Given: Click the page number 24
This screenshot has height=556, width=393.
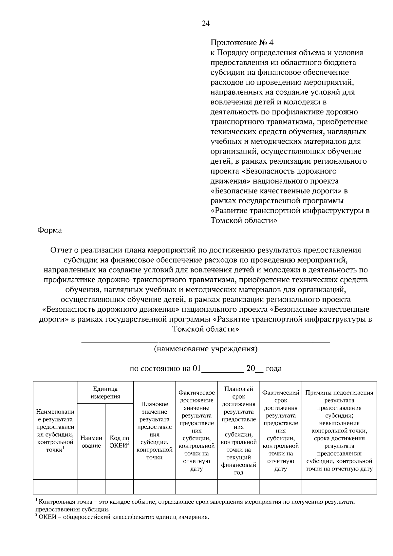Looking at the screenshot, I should (206, 23).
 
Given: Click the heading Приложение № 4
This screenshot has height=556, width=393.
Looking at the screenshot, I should (241, 43).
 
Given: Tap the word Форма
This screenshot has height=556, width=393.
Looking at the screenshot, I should (50, 230).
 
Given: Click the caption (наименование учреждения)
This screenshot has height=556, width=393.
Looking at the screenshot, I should (206, 349).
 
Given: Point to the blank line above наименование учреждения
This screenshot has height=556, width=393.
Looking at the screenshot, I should (206, 342).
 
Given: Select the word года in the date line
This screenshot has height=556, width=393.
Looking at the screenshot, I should (273, 369).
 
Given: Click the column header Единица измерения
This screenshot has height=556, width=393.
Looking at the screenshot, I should (105, 393).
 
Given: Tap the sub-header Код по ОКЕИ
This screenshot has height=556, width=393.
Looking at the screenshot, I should (119, 442).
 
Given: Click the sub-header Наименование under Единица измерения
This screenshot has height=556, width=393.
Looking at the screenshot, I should (91, 442).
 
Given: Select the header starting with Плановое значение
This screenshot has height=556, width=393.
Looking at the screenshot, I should (154, 431).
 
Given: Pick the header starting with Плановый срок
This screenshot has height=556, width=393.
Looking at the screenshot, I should (238, 431).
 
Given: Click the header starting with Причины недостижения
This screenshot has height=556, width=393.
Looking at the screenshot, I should (339, 431).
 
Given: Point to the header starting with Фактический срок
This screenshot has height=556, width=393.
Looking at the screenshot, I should (281, 431).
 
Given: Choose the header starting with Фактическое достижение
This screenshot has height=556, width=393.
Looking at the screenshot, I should (196, 431).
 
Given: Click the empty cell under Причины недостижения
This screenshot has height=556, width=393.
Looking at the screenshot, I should (339, 487).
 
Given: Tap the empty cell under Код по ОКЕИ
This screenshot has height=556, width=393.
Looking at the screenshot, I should (119, 487).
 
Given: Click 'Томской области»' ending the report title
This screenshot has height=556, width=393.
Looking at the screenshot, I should (206, 329).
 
